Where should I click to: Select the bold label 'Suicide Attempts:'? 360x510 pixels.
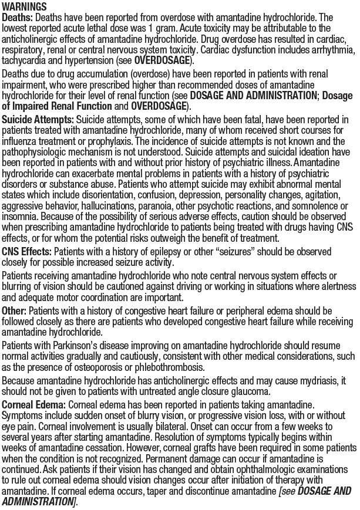point(37,120)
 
